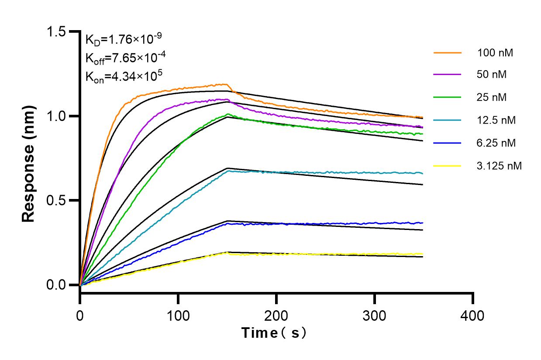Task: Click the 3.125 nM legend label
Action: pos(500,166)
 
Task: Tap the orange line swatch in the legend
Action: pos(448,53)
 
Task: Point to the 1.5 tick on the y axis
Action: pos(59,32)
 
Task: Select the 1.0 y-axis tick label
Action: pos(59,116)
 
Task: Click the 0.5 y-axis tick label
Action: pos(59,201)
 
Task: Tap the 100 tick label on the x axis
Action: pos(178,315)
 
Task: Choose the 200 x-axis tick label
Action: pos(276,315)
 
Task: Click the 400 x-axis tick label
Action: pos(473,315)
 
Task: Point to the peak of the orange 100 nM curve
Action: pos(225,84)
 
